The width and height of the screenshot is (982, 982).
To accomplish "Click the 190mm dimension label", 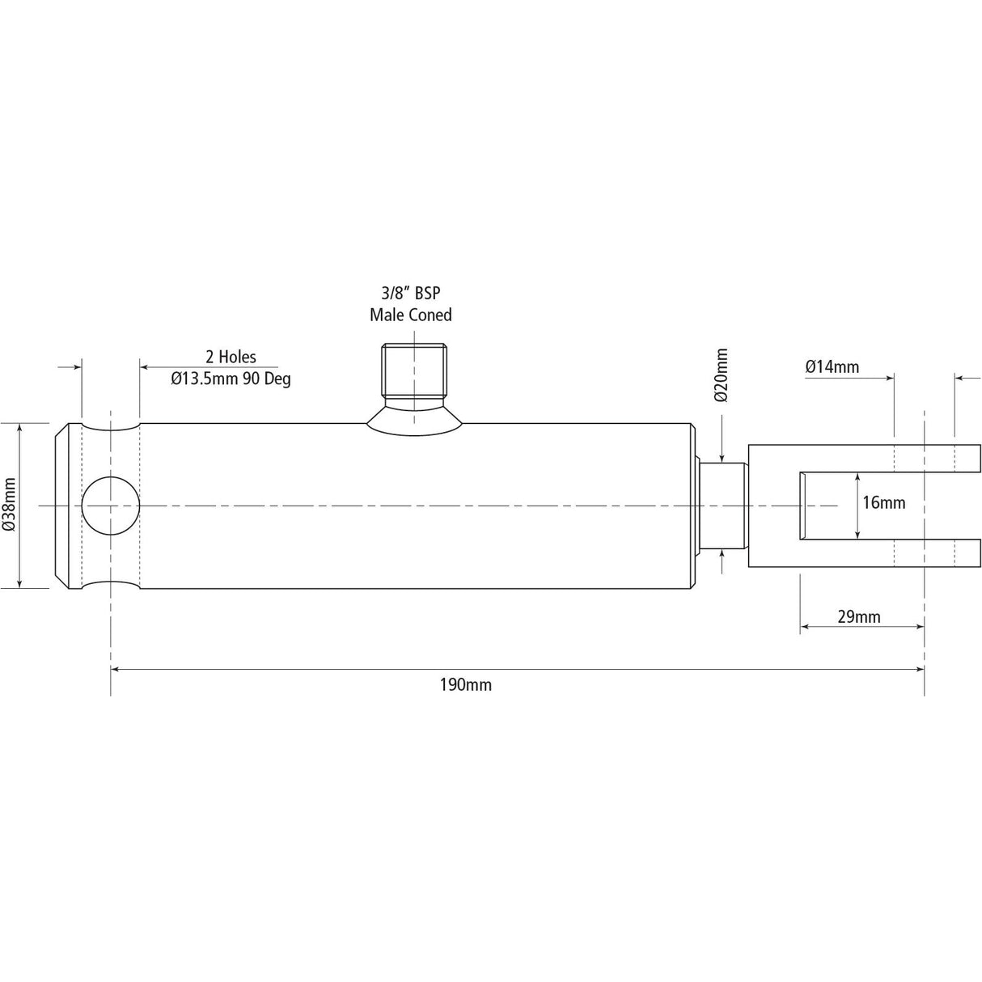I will point(465,685).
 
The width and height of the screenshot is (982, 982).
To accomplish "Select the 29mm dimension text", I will point(858,617).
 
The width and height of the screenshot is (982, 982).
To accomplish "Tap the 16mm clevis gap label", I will point(883,502).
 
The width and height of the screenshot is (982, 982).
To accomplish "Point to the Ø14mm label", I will point(832,366).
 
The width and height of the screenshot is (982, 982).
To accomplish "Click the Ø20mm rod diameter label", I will point(722,375).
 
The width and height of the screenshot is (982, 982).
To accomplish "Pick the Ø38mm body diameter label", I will point(10,505).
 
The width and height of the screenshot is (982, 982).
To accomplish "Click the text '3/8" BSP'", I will point(410,294).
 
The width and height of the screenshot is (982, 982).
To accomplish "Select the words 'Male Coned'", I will point(410,315).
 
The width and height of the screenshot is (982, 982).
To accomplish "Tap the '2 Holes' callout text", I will point(231,357).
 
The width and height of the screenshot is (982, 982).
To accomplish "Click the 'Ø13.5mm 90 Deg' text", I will point(231,378).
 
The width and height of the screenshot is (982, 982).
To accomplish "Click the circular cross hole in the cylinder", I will point(111,506).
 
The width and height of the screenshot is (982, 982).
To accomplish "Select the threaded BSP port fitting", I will point(414,370).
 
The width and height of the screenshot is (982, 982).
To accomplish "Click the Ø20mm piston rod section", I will point(722,506).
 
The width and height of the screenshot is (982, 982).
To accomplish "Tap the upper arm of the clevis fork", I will point(864,457).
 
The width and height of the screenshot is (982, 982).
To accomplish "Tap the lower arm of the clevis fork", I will point(864,553).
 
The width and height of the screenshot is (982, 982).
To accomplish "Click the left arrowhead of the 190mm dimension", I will point(116,669).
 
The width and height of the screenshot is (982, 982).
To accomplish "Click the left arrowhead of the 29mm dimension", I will point(805,626).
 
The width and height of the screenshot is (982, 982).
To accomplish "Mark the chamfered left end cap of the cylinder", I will point(67,506).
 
